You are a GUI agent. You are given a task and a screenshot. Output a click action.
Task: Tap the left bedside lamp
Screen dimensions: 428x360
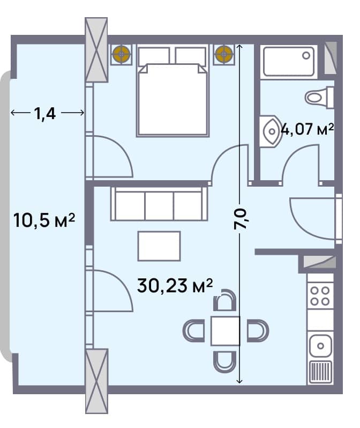pyautogui.click(x=122, y=54)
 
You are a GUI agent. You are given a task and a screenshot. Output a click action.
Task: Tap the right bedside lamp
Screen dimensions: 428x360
pyautogui.click(x=223, y=54)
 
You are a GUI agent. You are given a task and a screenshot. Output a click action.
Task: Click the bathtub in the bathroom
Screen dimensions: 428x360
pyautogui.click(x=289, y=61)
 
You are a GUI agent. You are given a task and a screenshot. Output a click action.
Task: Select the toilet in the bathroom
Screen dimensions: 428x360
pyautogui.click(x=319, y=97)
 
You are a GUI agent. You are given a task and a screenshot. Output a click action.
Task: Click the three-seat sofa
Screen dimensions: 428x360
pyautogui.click(x=159, y=203)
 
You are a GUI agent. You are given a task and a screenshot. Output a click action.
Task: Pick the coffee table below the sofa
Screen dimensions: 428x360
pyautogui.click(x=159, y=246)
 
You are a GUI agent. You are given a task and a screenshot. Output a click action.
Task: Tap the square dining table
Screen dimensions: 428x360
pyautogui.click(x=225, y=330)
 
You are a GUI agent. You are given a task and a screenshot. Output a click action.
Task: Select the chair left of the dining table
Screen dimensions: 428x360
pyautogui.click(x=194, y=330)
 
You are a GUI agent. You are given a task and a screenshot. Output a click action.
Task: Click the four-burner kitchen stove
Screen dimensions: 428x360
pyautogui.click(x=320, y=295)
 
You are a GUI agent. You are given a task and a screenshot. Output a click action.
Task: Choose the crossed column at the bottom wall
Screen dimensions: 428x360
pyautogui.click(x=96, y=381)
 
